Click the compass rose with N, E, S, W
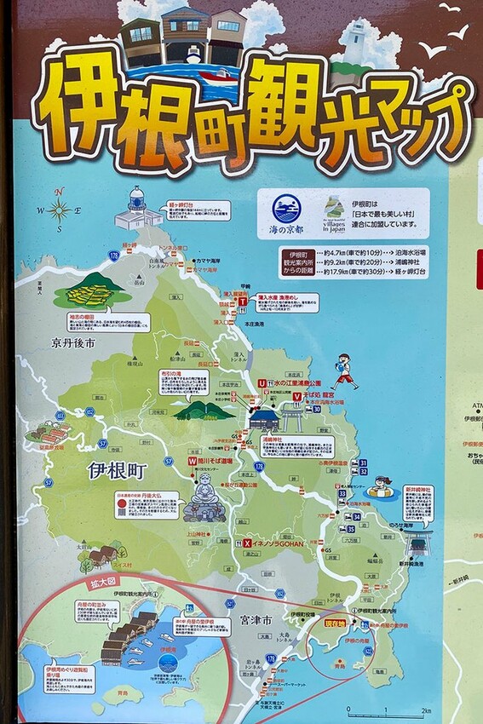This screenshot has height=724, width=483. point(59,209)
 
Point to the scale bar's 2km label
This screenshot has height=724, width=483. point(426,710)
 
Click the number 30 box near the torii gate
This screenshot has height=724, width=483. point(315,409)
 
